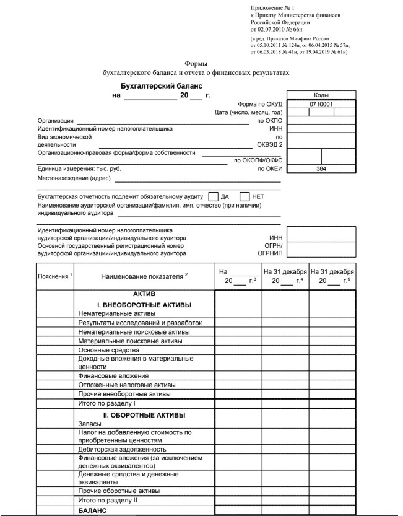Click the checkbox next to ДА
(214, 196)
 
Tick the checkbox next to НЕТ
(245, 196)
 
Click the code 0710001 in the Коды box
(321, 105)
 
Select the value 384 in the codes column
(321, 168)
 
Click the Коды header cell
(321, 95)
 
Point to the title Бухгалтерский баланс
(161, 86)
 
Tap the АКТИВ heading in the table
(144, 294)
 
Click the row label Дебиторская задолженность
(121, 449)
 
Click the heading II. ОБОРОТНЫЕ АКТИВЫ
(144, 414)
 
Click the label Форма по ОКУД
(260, 104)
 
